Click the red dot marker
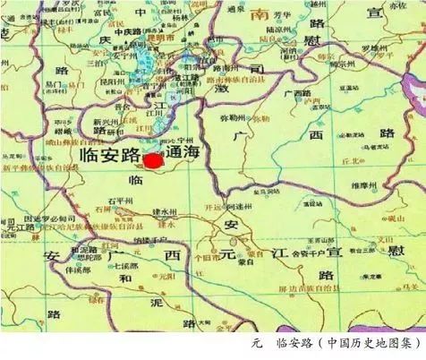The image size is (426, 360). pyautogui.click(x=153, y=161)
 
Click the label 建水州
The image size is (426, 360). pyautogui.click(x=167, y=212)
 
